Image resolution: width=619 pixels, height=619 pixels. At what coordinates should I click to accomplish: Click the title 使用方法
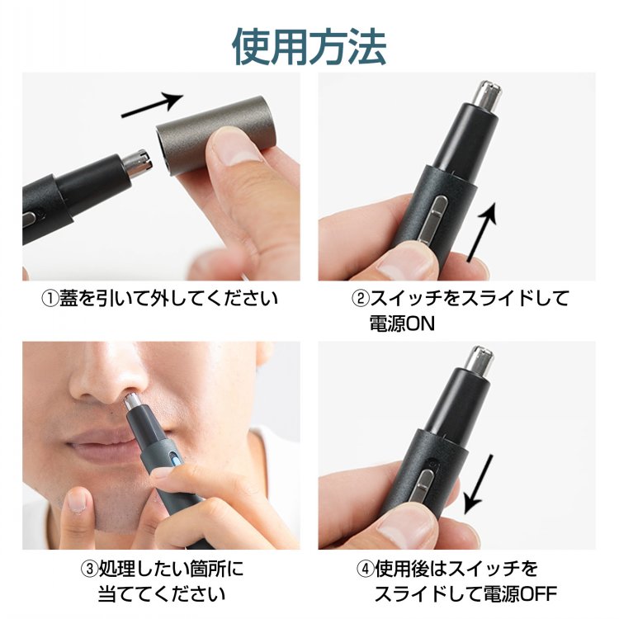[x=309, y=46]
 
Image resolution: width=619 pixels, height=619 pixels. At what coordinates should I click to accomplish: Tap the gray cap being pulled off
[x=215, y=135]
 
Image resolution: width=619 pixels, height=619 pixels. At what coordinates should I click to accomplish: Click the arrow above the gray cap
[x=152, y=104]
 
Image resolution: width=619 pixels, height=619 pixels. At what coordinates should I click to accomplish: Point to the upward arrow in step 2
[x=482, y=232]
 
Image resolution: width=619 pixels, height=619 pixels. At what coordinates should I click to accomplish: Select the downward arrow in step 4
[x=478, y=484]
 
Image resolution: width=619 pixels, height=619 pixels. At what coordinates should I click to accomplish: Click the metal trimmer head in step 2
[x=487, y=95]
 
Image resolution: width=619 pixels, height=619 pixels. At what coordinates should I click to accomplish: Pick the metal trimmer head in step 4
[x=479, y=361]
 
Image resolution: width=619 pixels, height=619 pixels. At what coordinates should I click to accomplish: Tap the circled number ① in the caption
[x=50, y=299]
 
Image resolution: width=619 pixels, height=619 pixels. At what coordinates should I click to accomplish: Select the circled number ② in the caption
[x=360, y=299]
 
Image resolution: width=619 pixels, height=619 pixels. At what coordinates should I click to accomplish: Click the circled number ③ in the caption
[x=89, y=569]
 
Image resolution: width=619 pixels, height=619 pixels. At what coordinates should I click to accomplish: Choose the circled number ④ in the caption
[x=365, y=569]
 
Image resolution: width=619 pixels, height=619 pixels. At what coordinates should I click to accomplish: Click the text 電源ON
[x=402, y=324]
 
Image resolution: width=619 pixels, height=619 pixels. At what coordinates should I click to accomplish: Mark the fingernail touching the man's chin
[x=77, y=501]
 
